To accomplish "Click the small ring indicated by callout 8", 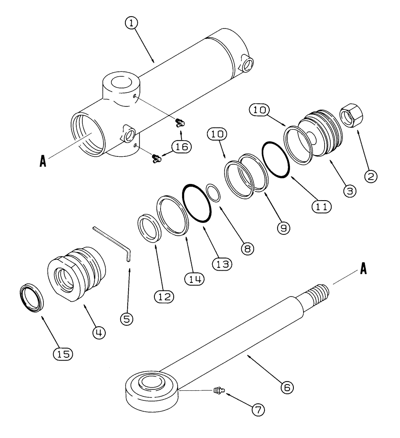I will coord(213,193).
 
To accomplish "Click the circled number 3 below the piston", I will coord(350,191).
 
